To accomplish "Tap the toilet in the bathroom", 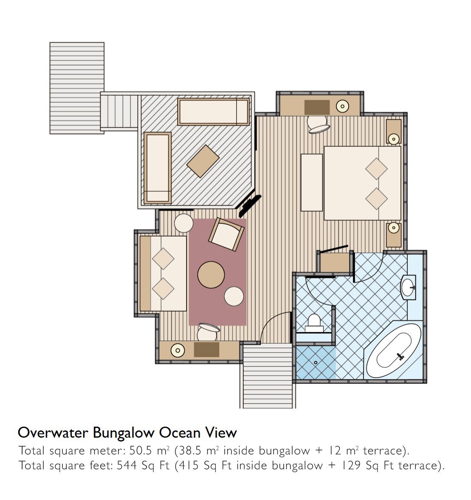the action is pyautogui.click(x=314, y=323).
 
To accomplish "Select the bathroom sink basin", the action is pyautogui.click(x=409, y=287).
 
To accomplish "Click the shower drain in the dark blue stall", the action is pyautogui.click(x=316, y=363).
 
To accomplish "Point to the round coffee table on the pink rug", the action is pyautogui.click(x=211, y=275).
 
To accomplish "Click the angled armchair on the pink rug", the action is pyautogui.click(x=226, y=235).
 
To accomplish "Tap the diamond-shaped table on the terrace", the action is pyautogui.click(x=203, y=161).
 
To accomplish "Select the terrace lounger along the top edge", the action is pyautogui.click(x=213, y=112).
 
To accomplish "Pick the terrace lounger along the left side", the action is pyautogui.click(x=158, y=168).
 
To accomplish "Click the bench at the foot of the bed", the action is pyautogui.click(x=312, y=182).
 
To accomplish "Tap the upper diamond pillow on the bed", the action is pyautogui.click(x=376, y=169).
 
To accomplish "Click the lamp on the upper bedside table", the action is pyautogui.click(x=394, y=139).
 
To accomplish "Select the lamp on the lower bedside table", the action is pyautogui.click(x=394, y=228).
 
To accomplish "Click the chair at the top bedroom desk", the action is pyautogui.click(x=318, y=125).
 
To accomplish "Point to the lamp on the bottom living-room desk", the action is pyautogui.click(x=178, y=351).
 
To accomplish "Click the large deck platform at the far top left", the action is pyautogui.click(x=77, y=88).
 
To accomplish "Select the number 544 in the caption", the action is pyautogui.click(x=127, y=466).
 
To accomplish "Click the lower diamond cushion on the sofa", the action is pyautogui.click(x=163, y=288).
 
